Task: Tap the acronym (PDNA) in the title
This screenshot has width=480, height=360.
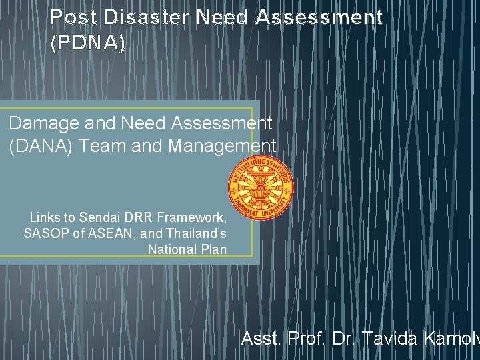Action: coord(87,43)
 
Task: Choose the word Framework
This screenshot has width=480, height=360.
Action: coord(193,217)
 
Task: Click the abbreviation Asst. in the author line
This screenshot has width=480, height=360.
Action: coord(262,340)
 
